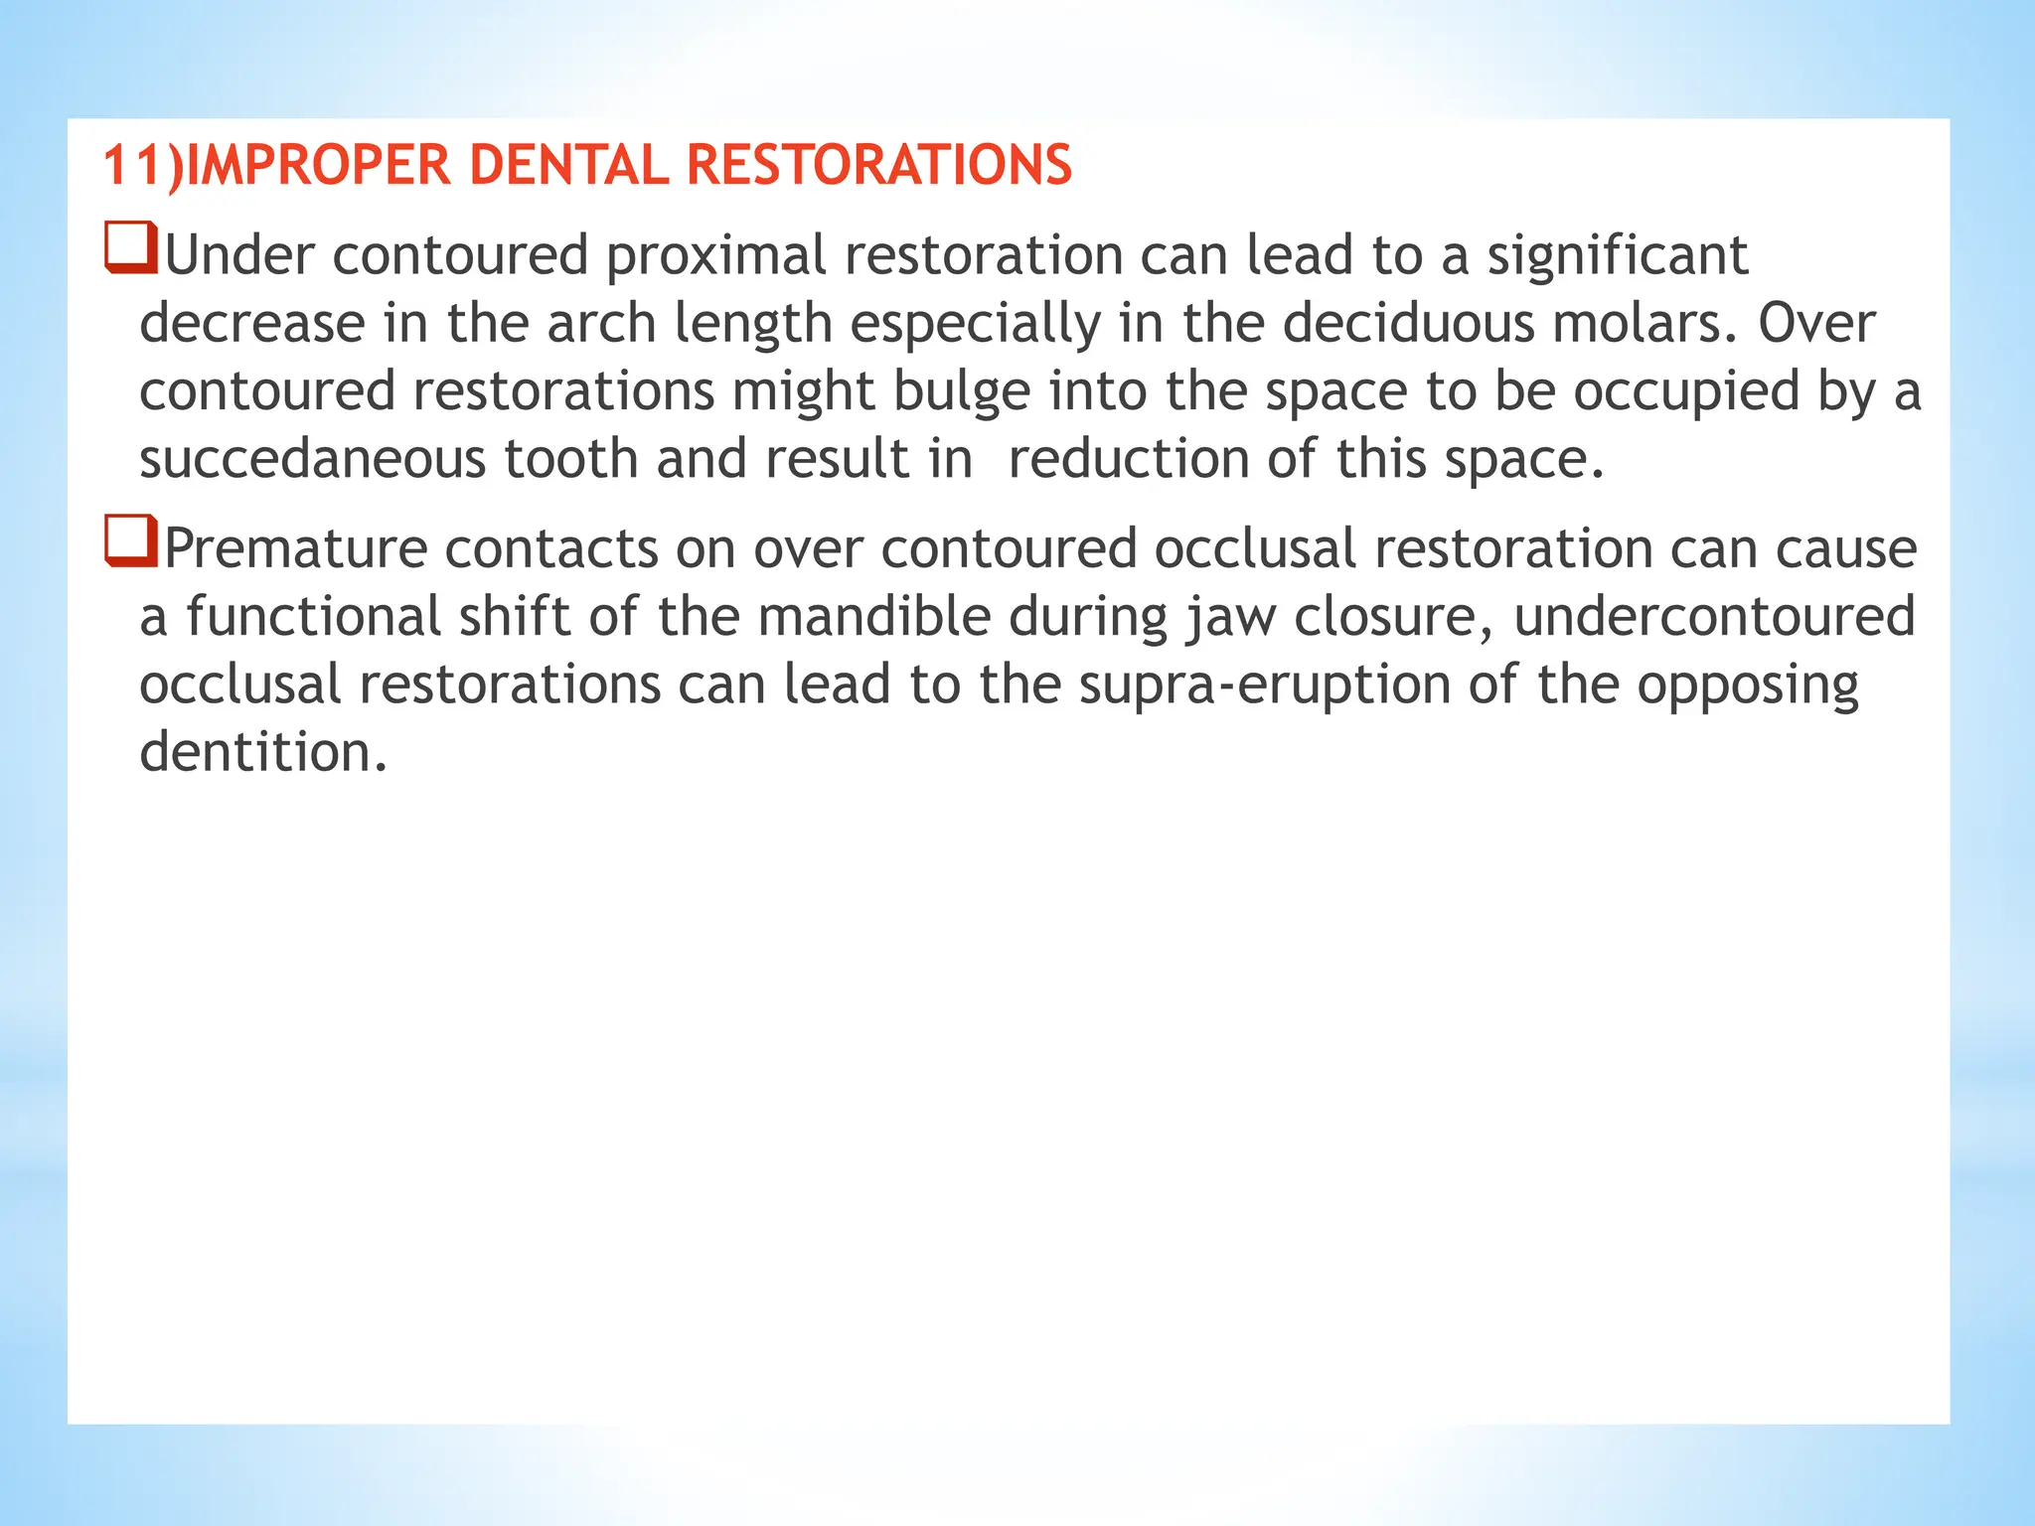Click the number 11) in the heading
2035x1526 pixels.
[143, 165]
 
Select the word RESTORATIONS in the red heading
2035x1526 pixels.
[878, 165]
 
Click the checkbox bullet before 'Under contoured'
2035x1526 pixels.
[130, 247]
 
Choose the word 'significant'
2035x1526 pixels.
[1617, 255]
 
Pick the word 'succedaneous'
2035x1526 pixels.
[312, 459]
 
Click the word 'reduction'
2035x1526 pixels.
[1128, 459]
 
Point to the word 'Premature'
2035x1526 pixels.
[295, 548]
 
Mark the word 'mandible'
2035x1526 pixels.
[874, 616]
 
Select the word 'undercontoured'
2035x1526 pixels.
[1714, 616]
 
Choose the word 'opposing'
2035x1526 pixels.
[1747, 686]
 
